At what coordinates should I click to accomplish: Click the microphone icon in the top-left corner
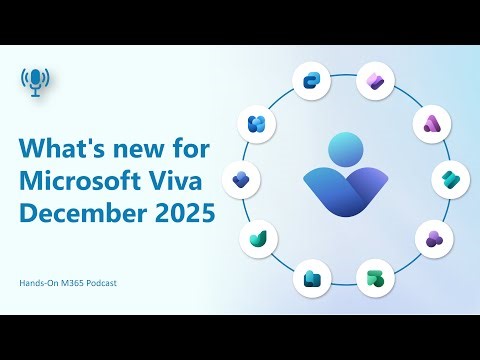coord(36,83)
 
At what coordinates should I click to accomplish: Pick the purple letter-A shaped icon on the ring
coord(434,123)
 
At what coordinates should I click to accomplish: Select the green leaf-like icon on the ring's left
coord(258,238)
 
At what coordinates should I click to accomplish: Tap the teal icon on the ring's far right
coord(451,180)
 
